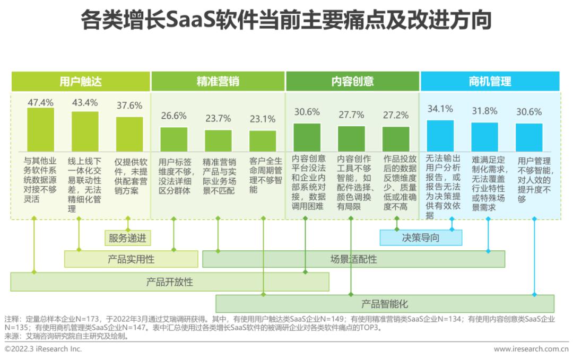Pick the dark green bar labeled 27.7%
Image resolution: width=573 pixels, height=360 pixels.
click(x=351, y=139)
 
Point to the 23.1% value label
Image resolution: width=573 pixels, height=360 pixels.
click(x=263, y=119)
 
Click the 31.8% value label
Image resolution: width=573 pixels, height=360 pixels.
click(x=484, y=111)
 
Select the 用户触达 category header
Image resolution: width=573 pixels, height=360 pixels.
click(x=81, y=81)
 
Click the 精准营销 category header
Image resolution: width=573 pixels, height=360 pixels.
click(x=218, y=81)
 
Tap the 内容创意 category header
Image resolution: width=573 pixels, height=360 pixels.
click(x=352, y=81)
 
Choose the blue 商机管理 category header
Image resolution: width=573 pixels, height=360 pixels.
click(x=490, y=81)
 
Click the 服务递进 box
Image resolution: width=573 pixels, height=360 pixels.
click(x=127, y=238)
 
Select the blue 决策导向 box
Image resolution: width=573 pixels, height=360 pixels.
click(x=421, y=238)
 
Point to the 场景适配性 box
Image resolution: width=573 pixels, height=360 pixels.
click(x=353, y=259)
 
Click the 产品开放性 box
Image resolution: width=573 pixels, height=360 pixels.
click(x=170, y=282)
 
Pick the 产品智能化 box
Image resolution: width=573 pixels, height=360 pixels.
click(x=385, y=304)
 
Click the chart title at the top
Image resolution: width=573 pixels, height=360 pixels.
click(x=286, y=21)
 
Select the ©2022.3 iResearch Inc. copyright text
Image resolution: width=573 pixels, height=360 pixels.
click(x=44, y=349)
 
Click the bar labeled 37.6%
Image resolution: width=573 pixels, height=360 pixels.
click(x=129, y=134)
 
